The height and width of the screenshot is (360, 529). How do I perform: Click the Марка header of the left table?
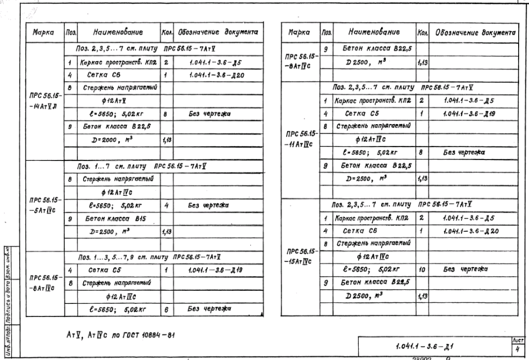(44, 32)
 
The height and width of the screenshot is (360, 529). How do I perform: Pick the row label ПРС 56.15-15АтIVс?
(300, 255)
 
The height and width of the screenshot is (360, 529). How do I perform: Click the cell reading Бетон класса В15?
(106, 220)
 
